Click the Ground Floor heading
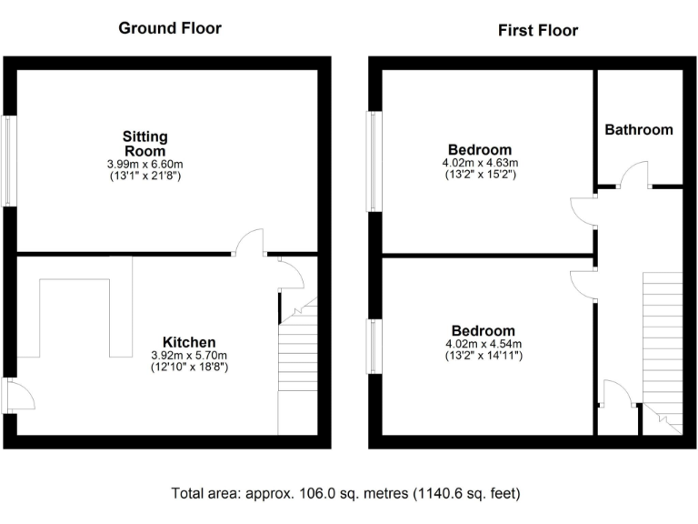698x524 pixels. [170, 28]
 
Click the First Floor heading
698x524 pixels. [538, 30]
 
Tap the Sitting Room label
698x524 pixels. [145, 144]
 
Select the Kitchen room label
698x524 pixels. [189, 343]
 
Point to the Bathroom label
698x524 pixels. [639, 130]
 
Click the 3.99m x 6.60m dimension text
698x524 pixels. [145, 164]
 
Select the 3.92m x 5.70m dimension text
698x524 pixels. [189, 356]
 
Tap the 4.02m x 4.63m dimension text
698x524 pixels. [480, 163]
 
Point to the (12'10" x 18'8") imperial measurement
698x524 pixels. [189, 368]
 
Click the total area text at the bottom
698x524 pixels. [346, 494]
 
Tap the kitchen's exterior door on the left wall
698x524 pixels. [18, 395]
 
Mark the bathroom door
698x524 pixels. [633, 175]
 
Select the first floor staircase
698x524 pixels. [663, 346]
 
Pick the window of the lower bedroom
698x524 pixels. [374, 346]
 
